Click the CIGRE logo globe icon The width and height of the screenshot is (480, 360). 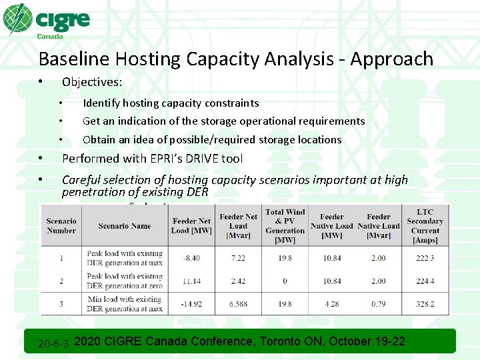17,19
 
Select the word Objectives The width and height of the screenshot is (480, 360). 92,82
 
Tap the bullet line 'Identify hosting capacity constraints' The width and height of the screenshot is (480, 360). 171,103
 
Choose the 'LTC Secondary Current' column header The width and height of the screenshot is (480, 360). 425,225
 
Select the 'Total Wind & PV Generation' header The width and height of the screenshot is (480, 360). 285,225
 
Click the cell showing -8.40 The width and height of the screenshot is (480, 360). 191,258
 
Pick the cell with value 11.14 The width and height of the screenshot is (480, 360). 191,281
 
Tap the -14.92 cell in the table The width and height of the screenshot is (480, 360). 191,304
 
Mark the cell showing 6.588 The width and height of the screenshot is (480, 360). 238,304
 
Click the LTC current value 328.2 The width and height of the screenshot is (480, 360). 425,304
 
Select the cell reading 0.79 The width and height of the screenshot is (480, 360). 378,304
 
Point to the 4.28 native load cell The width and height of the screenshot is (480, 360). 331,304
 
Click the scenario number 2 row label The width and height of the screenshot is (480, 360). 61,281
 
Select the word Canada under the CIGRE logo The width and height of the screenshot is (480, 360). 51,36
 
